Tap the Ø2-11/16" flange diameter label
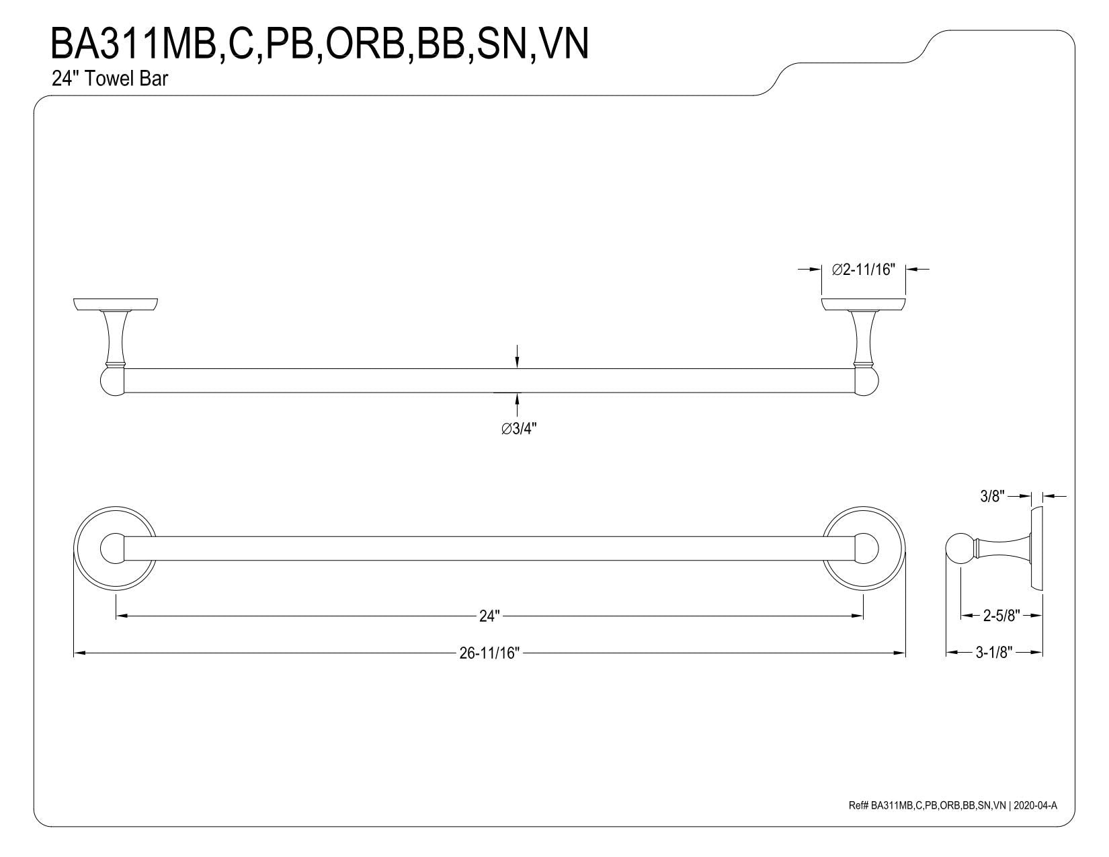tap(863, 270)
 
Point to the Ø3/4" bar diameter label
tap(518, 429)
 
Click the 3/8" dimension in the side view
tap(992, 496)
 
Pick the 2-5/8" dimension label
tap(1001, 616)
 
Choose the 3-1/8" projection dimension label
tap(994, 652)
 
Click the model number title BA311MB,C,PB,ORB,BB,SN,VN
tap(320, 45)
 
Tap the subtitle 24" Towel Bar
tap(110, 79)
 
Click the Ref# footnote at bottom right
tap(953, 805)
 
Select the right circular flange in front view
tap(864, 548)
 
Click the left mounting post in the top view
tap(114, 337)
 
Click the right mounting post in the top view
tap(864, 337)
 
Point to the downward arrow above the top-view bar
tap(518, 356)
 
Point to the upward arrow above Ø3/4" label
tap(518, 405)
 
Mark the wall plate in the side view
tap(1036, 549)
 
